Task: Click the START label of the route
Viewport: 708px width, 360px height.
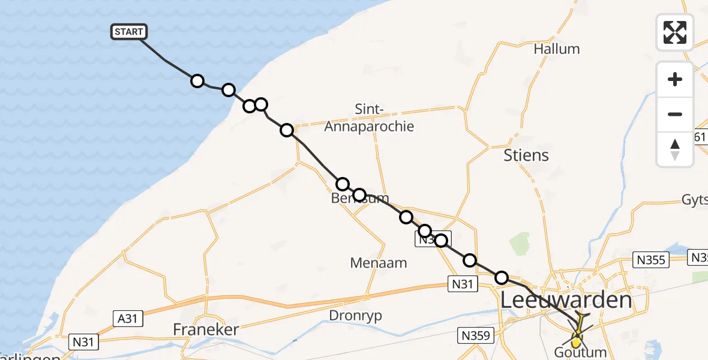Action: pyautogui.click(x=128, y=32)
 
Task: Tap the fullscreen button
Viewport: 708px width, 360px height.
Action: pyautogui.click(x=675, y=32)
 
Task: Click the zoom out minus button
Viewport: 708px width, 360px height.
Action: pyautogui.click(x=675, y=114)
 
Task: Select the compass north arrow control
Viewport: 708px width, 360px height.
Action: pyautogui.click(x=675, y=149)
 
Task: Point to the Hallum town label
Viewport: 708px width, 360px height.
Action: pyautogui.click(x=557, y=49)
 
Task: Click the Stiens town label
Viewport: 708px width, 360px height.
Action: pyautogui.click(x=526, y=155)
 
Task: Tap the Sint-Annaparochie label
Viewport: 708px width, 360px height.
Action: pyautogui.click(x=369, y=118)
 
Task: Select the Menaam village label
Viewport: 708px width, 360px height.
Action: pyautogui.click(x=379, y=262)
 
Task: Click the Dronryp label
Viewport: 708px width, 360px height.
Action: pyautogui.click(x=356, y=315)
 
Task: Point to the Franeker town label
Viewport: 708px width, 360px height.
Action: pyautogui.click(x=206, y=329)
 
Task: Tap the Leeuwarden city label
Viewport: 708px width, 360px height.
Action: pyautogui.click(x=566, y=300)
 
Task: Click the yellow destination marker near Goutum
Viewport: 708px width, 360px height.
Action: pyautogui.click(x=577, y=343)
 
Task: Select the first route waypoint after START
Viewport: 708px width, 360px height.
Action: pyautogui.click(x=197, y=81)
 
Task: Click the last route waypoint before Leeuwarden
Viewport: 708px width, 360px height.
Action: pyautogui.click(x=502, y=277)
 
